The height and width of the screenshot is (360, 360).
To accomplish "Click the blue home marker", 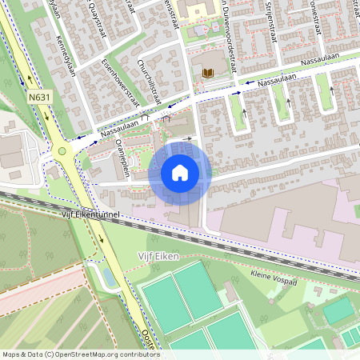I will [x=180, y=172].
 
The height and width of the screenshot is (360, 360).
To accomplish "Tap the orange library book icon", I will [x=208, y=73].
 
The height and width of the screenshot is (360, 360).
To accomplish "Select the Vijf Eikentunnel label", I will [x=90, y=214].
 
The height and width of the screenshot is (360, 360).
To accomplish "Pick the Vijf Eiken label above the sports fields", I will [x=157, y=256].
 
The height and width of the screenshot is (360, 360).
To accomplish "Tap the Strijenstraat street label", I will [x=270, y=17].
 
